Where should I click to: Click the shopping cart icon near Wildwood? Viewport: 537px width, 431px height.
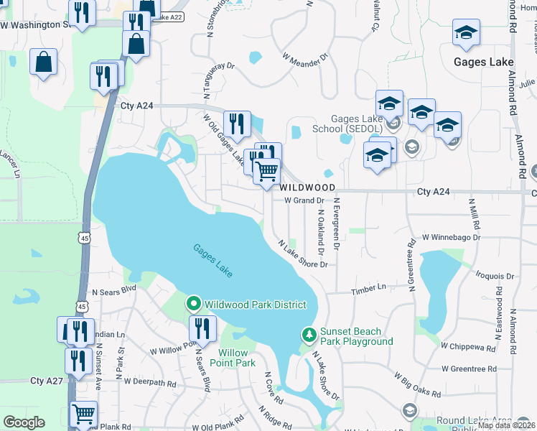266,172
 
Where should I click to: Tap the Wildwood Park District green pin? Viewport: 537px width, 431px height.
193,305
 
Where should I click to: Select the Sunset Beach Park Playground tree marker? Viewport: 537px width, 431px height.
308,335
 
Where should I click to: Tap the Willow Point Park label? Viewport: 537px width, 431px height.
237,358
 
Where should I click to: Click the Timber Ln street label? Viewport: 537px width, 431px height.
368,289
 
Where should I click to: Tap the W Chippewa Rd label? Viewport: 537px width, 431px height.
468,346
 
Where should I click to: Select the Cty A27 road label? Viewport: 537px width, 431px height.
47,380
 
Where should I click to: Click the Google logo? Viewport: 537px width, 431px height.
24,422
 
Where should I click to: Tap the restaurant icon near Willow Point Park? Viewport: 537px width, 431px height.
202,329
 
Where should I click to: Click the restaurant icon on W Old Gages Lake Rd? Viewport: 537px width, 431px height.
236,124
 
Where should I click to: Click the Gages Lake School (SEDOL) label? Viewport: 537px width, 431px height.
357,124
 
